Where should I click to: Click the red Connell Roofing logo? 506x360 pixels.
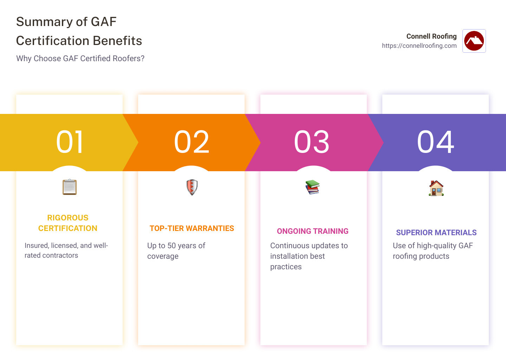pos(474,41)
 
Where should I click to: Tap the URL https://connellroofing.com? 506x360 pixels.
pos(419,46)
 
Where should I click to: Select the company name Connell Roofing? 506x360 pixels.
pos(432,36)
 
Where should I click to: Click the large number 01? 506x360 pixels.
pos(70,142)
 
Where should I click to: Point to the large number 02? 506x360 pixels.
pos(192,142)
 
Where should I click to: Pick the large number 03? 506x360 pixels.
pos(312,142)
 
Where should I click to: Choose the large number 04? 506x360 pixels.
pos(435,142)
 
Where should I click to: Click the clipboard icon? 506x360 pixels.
pos(70,187)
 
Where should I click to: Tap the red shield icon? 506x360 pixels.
pos(192,187)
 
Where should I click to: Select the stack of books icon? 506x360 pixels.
pos(313,187)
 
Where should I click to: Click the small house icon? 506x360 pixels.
pos(436,188)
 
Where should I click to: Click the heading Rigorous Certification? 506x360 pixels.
pos(68,223)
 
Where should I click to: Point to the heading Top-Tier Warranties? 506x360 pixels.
pos(192,228)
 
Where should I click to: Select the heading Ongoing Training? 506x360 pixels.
pos(313,231)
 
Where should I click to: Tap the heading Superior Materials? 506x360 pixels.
pos(436,232)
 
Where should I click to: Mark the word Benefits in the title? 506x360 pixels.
pos(117,41)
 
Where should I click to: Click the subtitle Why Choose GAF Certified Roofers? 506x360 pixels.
pos(80,58)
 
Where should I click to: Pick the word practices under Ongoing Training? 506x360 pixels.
pos(286,267)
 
